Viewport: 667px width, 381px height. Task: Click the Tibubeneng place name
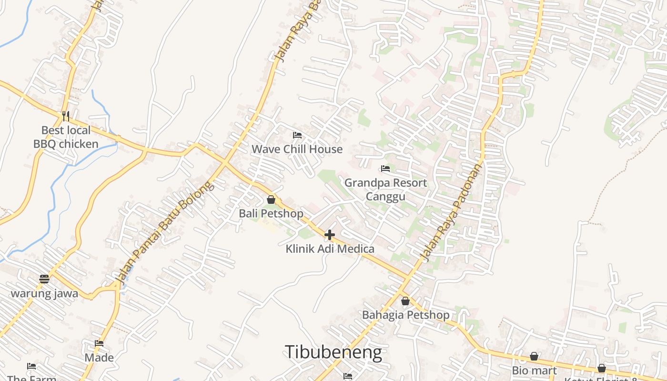(x=333, y=352)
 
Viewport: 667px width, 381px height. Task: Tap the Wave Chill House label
(x=297, y=149)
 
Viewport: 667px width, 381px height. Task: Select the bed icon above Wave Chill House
(x=297, y=135)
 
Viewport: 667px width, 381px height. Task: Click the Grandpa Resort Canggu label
(x=385, y=189)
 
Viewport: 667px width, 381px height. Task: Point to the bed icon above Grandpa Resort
(x=385, y=169)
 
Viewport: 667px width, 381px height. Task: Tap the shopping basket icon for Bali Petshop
(x=271, y=200)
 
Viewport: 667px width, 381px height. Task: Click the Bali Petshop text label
(x=271, y=213)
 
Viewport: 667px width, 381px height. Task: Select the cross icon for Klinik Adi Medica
(x=330, y=235)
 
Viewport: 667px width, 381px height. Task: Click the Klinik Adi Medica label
(x=330, y=249)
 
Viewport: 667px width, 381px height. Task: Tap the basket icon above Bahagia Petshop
(x=405, y=301)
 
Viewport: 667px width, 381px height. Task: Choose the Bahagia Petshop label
(x=405, y=315)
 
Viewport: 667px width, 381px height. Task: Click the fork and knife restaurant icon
(x=66, y=116)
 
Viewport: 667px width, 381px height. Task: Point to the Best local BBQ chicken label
(x=66, y=137)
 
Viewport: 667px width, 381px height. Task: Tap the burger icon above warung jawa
(x=44, y=279)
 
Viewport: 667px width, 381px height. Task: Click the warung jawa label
(x=44, y=293)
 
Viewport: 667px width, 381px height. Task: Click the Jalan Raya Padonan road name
(x=452, y=211)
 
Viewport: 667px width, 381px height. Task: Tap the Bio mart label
(x=534, y=370)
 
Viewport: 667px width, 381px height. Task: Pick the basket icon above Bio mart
(x=535, y=356)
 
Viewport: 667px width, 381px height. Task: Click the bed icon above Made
(x=99, y=343)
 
